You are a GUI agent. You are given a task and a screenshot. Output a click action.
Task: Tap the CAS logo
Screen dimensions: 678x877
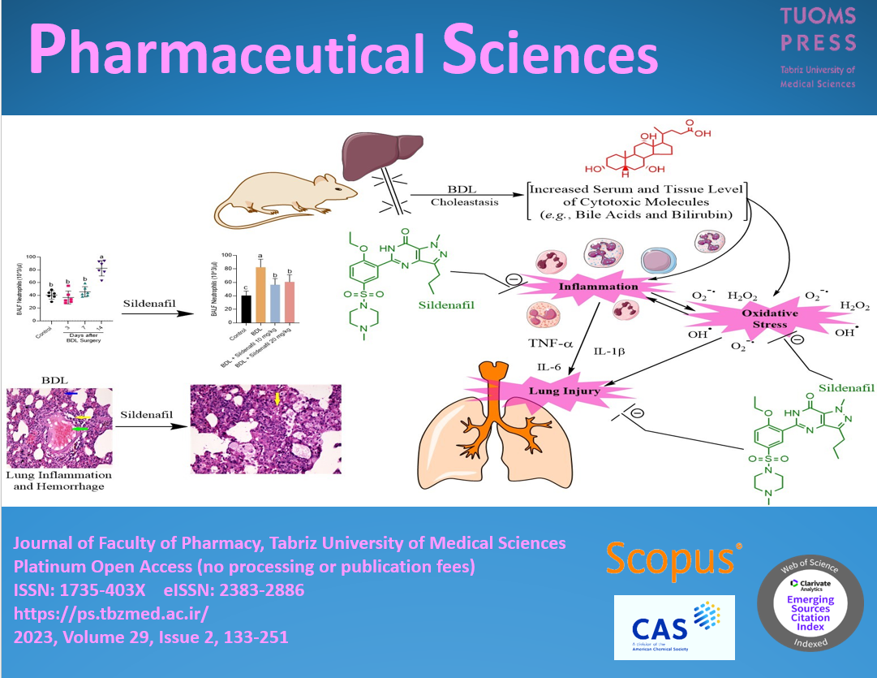pos(674,628)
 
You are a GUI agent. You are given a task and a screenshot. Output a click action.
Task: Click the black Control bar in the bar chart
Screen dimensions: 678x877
pos(246,308)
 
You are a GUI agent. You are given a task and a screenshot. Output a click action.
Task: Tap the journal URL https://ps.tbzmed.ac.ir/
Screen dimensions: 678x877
pos(111,612)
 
